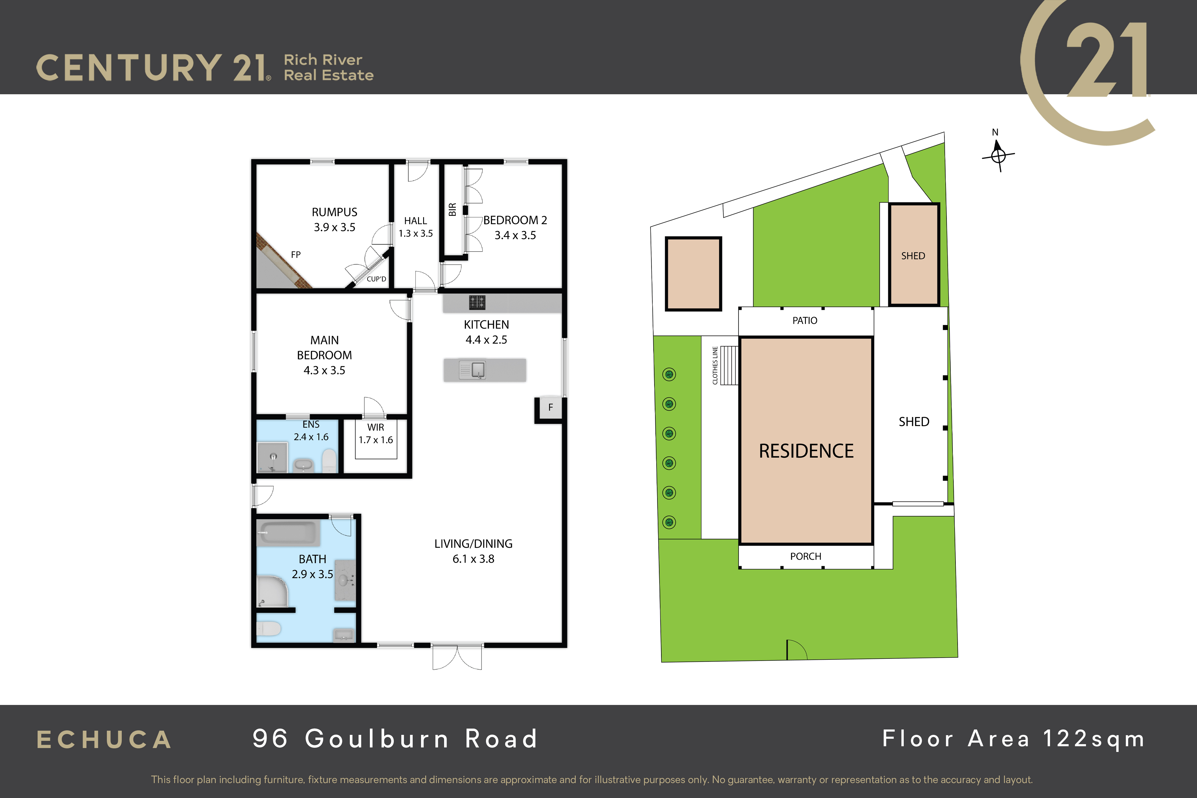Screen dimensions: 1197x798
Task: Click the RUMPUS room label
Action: point(334,212)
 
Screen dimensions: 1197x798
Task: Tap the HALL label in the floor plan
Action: point(415,221)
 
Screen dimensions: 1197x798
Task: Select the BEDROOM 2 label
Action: point(515,220)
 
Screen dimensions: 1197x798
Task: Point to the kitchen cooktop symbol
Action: point(477,302)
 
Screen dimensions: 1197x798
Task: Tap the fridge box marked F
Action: point(550,408)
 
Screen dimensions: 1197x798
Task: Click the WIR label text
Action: point(376,428)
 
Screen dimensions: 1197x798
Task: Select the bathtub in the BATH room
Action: point(288,533)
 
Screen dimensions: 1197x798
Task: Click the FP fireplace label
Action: point(296,254)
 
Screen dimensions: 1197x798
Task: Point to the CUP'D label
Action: point(376,279)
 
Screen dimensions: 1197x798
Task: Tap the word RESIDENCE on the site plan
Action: point(806,451)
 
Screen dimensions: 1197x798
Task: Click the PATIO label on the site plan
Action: point(805,321)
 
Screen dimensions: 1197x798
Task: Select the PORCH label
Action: point(806,556)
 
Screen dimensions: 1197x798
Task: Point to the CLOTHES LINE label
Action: point(715,365)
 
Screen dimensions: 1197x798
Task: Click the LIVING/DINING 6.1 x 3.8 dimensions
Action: point(473,559)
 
